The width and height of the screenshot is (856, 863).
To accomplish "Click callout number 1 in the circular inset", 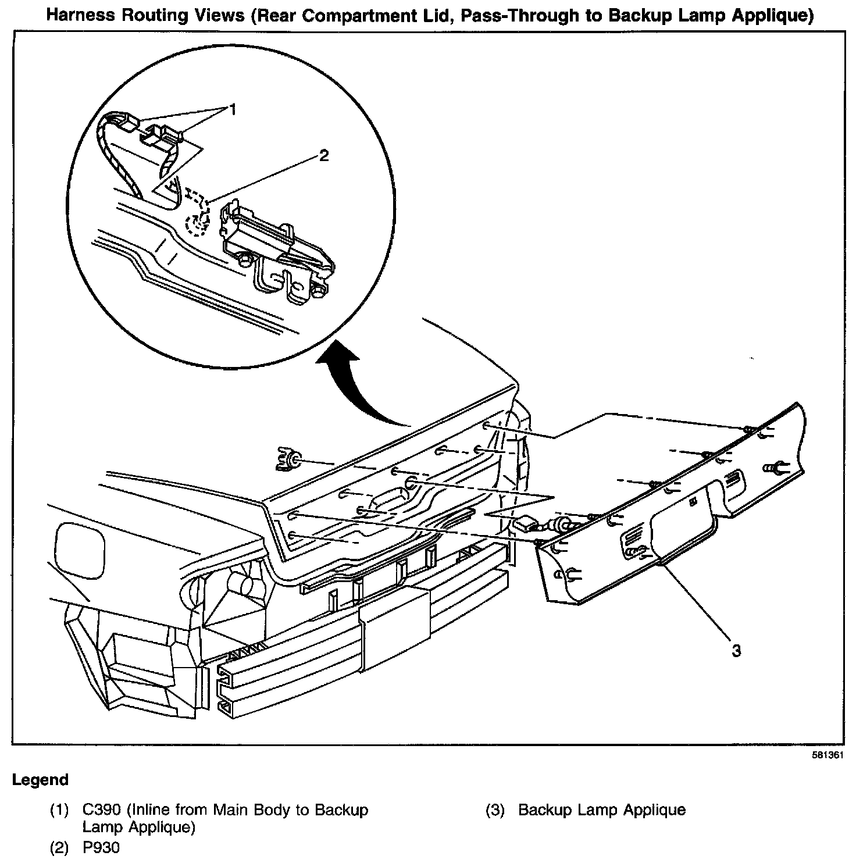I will (232, 109).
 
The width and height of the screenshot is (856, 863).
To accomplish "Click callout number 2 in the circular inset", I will (323, 155).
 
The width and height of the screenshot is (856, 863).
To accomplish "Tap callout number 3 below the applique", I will (736, 650).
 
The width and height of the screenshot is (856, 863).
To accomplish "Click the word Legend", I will (40, 780).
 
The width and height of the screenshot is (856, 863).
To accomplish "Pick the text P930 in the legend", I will (101, 848).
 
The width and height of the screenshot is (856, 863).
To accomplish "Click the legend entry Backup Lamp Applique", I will (601, 809).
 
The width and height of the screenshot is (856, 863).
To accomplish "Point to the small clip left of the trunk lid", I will (287, 459).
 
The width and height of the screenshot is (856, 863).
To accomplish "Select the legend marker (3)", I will (494, 809).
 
